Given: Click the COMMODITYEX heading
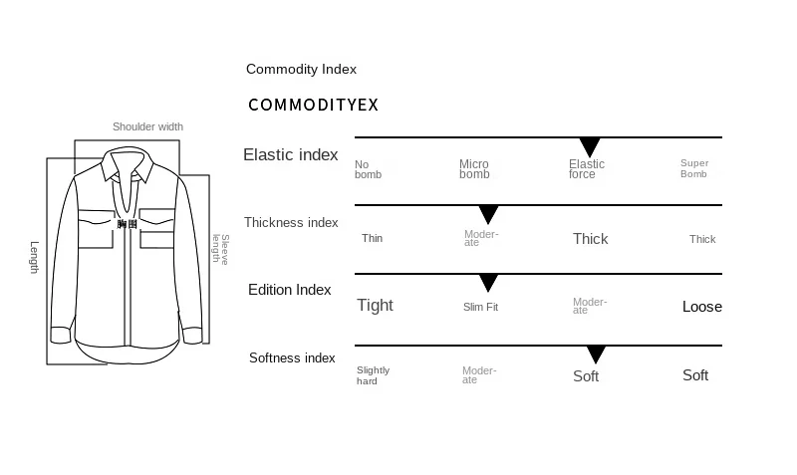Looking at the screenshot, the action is pyautogui.click(x=313, y=105).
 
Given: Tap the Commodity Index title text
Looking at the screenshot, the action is pyautogui.click(x=301, y=69).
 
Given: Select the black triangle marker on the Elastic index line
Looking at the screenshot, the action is pyautogui.click(x=590, y=146).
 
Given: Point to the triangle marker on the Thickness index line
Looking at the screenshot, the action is pyautogui.click(x=488, y=214).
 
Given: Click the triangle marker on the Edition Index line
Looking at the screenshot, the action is pyautogui.click(x=488, y=283).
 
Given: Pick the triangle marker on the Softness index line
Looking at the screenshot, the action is pyautogui.click(x=596, y=355).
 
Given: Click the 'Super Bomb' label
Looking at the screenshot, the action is pyautogui.click(x=694, y=168).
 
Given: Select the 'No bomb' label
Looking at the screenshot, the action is pyautogui.click(x=368, y=169).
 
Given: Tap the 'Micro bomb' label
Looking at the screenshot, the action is pyautogui.click(x=474, y=169).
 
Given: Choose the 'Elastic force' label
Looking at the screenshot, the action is pyautogui.click(x=587, y=169).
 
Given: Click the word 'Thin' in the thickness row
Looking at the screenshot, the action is pyautogui.click(x=372, y=238).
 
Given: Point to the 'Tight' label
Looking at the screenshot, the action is pyautogui.click(x=376, y=306).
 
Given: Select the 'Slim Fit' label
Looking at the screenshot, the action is pyautogui.click(x=480, y=307).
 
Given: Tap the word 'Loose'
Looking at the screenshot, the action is pyautogui.click(x=702, y=307).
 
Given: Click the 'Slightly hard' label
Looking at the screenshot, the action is pyautogui.click(x=373, y=375).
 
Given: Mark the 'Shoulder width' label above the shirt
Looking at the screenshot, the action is pyautogui.click(x=147, y=126).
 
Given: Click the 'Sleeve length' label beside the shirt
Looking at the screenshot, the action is pyautogui.click(x=221, y=249).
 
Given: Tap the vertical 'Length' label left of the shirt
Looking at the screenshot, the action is pyautogui.click(x=34, y=258).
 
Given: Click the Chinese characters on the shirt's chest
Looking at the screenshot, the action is pyautogui.click(x=128, y=224).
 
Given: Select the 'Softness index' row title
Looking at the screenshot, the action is pyautogui.click(x=292, y=358).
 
